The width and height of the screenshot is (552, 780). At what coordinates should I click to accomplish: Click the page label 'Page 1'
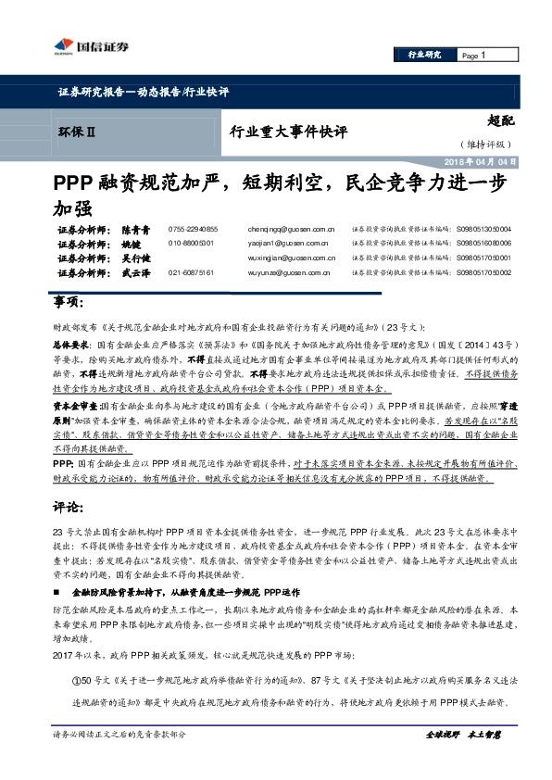[x=473, y=56]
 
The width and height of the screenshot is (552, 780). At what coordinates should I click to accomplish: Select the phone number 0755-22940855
[x=193, y=229]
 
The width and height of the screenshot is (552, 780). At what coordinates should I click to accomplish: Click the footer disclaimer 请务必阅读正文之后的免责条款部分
[x=119, y=760]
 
